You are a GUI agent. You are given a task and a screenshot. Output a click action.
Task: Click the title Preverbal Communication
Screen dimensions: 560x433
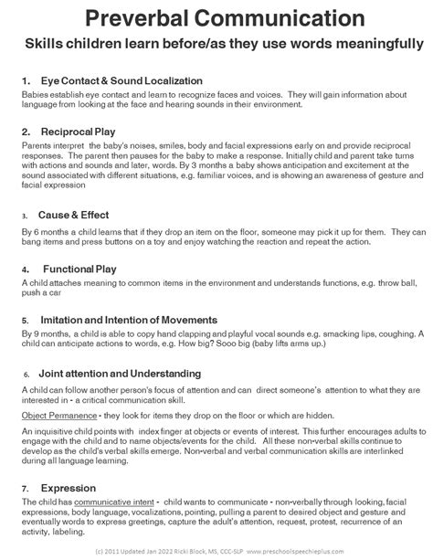pos(216,17)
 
